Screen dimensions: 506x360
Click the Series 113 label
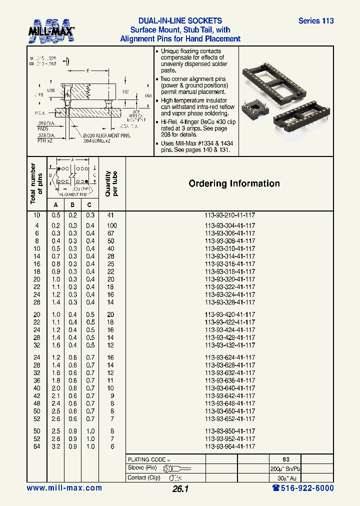click(x=315, y=21)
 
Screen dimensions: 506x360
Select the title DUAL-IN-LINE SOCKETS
click(x=180, y=21)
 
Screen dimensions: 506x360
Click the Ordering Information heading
click(x=234, y=183)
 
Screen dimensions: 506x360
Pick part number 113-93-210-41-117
click(x=230, y=215)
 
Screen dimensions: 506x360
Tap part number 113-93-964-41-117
click(x=230, y=446)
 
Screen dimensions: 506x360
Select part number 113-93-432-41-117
click(x=230, y=345)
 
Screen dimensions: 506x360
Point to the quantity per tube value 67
click(x=110, y=233)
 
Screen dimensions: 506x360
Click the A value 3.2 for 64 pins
click(x=55, y=446)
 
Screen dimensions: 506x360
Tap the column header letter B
click(x=72, y=204)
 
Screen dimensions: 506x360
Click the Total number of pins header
click(x=36, y=183)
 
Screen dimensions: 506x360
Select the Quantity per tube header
click(x=111, y=183)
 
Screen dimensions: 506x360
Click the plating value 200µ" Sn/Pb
click(x=285, y=468)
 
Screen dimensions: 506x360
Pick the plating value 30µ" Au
click(x=285, y=477)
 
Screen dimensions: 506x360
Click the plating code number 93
click(x=285, y=459)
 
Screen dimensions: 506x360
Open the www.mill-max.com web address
click(x=64, y=488)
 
